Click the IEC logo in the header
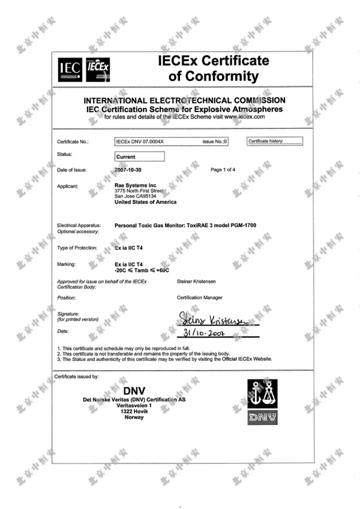tap(70, 70)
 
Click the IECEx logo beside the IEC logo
tap(98, 70)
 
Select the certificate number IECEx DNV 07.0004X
tap(139, 142)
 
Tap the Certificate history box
tap(275, 141)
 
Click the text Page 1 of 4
tap(223, 170)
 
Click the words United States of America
tap(145, 202)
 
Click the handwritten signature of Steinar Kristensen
tap(219, 317)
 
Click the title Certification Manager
tap(200, 297)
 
